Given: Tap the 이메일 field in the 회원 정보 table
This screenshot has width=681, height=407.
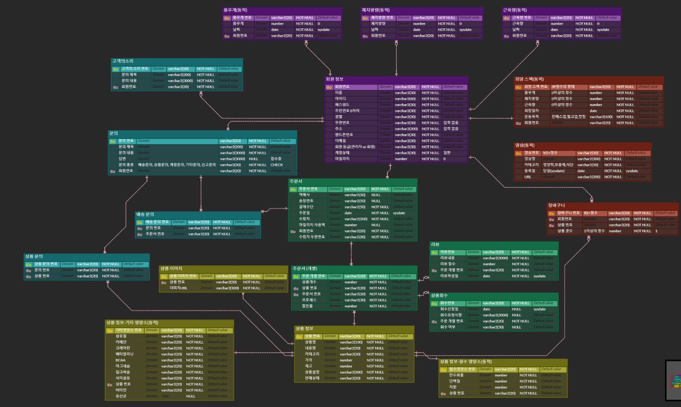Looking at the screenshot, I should click(340, 140).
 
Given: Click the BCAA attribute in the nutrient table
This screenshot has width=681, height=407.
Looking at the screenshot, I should click(121, 360).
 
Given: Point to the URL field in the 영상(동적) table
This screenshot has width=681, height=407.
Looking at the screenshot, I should click(528, 177).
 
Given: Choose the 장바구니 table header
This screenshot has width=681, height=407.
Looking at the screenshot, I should click(557, 206).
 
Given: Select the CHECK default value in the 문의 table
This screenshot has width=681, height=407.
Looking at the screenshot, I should click(277, 165).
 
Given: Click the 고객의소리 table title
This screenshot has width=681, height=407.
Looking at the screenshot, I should click(123, 61).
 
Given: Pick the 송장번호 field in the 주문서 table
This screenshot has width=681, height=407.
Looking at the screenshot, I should click(306, 201).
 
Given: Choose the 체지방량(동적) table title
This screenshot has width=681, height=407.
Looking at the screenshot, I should click(376, 10).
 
